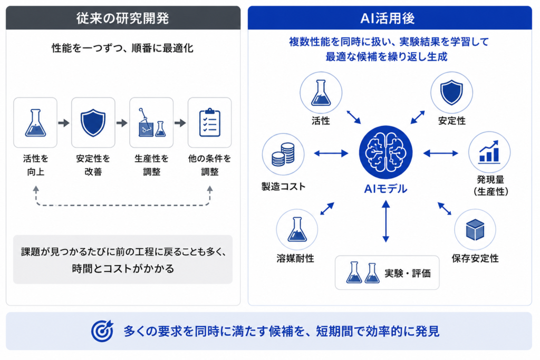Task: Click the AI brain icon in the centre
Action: click(385, 152)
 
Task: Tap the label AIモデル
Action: click(385, 189)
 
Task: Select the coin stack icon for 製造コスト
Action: click(283, 154)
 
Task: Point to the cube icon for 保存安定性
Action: click(475, 230)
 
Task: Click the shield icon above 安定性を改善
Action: click(93, 122)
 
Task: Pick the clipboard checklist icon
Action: click(209, 122)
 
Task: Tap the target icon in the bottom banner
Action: click(102, 330)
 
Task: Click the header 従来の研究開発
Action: click(122, 18)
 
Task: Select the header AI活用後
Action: click(388, 18)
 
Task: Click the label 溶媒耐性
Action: click(295, 258)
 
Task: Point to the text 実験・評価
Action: click(408, 273)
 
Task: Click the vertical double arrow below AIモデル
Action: click(385, 221)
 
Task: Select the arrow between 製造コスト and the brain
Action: click(331, 153)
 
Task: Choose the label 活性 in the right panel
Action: click(321, 121)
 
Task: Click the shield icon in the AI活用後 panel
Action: click(451, 92)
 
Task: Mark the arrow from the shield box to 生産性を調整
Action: click(122, 123)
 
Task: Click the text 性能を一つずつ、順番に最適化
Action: click(122, 48)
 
